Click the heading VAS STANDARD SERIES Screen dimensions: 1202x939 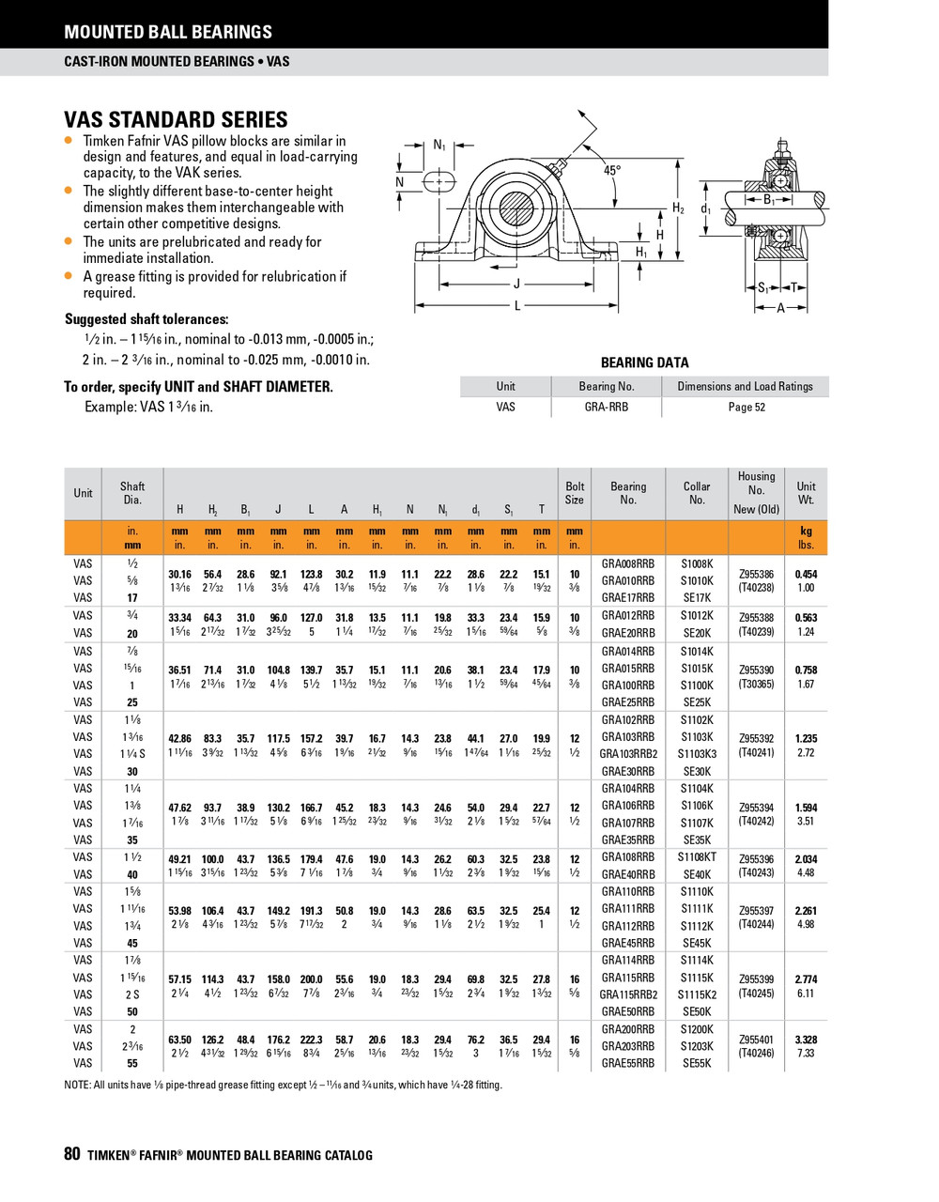(x=176, y=120)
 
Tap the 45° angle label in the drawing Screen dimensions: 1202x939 (x=612, y=171)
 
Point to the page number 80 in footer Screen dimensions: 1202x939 (x=72, y=1155)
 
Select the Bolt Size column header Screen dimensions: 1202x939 (x=575, y=493)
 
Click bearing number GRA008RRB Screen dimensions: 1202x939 (x=627, y=563)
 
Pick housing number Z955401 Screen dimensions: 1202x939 (x=756, y=1040)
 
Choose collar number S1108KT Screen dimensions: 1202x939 (x=697, y=857)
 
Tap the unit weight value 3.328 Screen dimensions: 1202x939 (x=806, y=1040)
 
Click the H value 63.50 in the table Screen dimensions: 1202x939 (x=179, y=1040)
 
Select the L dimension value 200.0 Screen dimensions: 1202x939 (x=311, y=979)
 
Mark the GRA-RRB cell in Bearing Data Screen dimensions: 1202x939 (x=607, y=407)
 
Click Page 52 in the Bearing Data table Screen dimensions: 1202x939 (x=747, y=407)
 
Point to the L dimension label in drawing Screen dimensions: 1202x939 (x=517, y=305)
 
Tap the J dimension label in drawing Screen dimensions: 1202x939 (x=516, y=284)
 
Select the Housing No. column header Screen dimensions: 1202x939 (x=756, y=492)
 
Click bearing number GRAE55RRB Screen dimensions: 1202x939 (x=627, y=1063)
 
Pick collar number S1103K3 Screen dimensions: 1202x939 (x=697, y=754)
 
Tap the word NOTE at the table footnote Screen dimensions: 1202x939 (x=77, y=1085)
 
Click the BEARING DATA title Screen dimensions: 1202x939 (x=644, y=362)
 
